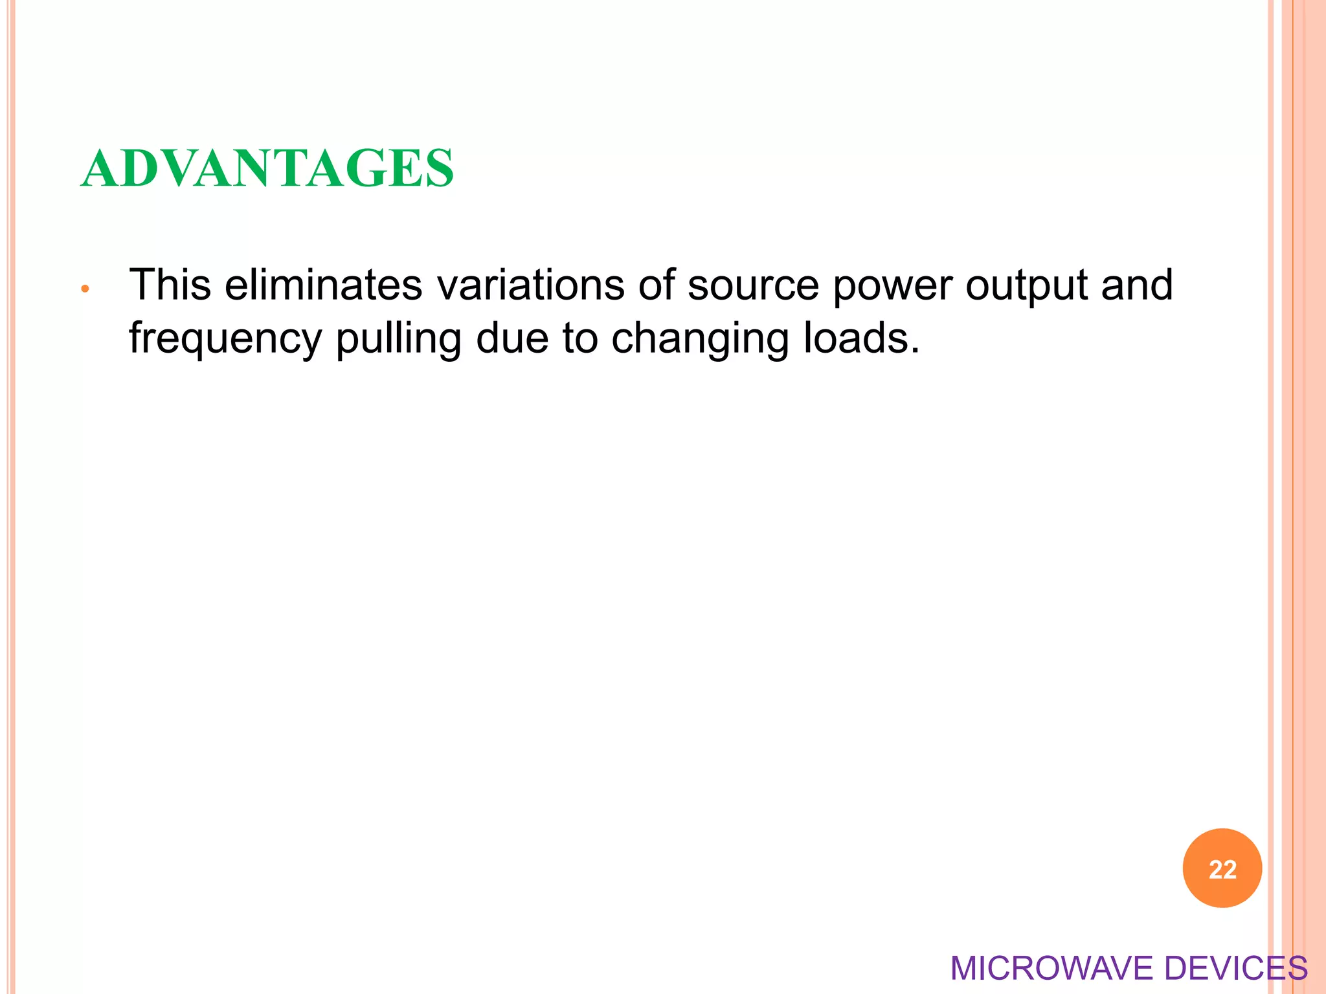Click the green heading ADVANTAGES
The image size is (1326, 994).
click(x=267, y=168)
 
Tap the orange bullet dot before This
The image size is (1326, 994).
click(x=84, y=289)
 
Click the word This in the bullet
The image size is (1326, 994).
click(x=170, y=285)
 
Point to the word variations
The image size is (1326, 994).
click(x=530, y=285)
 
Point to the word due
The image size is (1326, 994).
click(x=512, y=338)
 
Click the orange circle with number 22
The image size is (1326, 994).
click(x=1222, y=868)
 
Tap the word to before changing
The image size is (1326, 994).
click(x=579, y=338)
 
